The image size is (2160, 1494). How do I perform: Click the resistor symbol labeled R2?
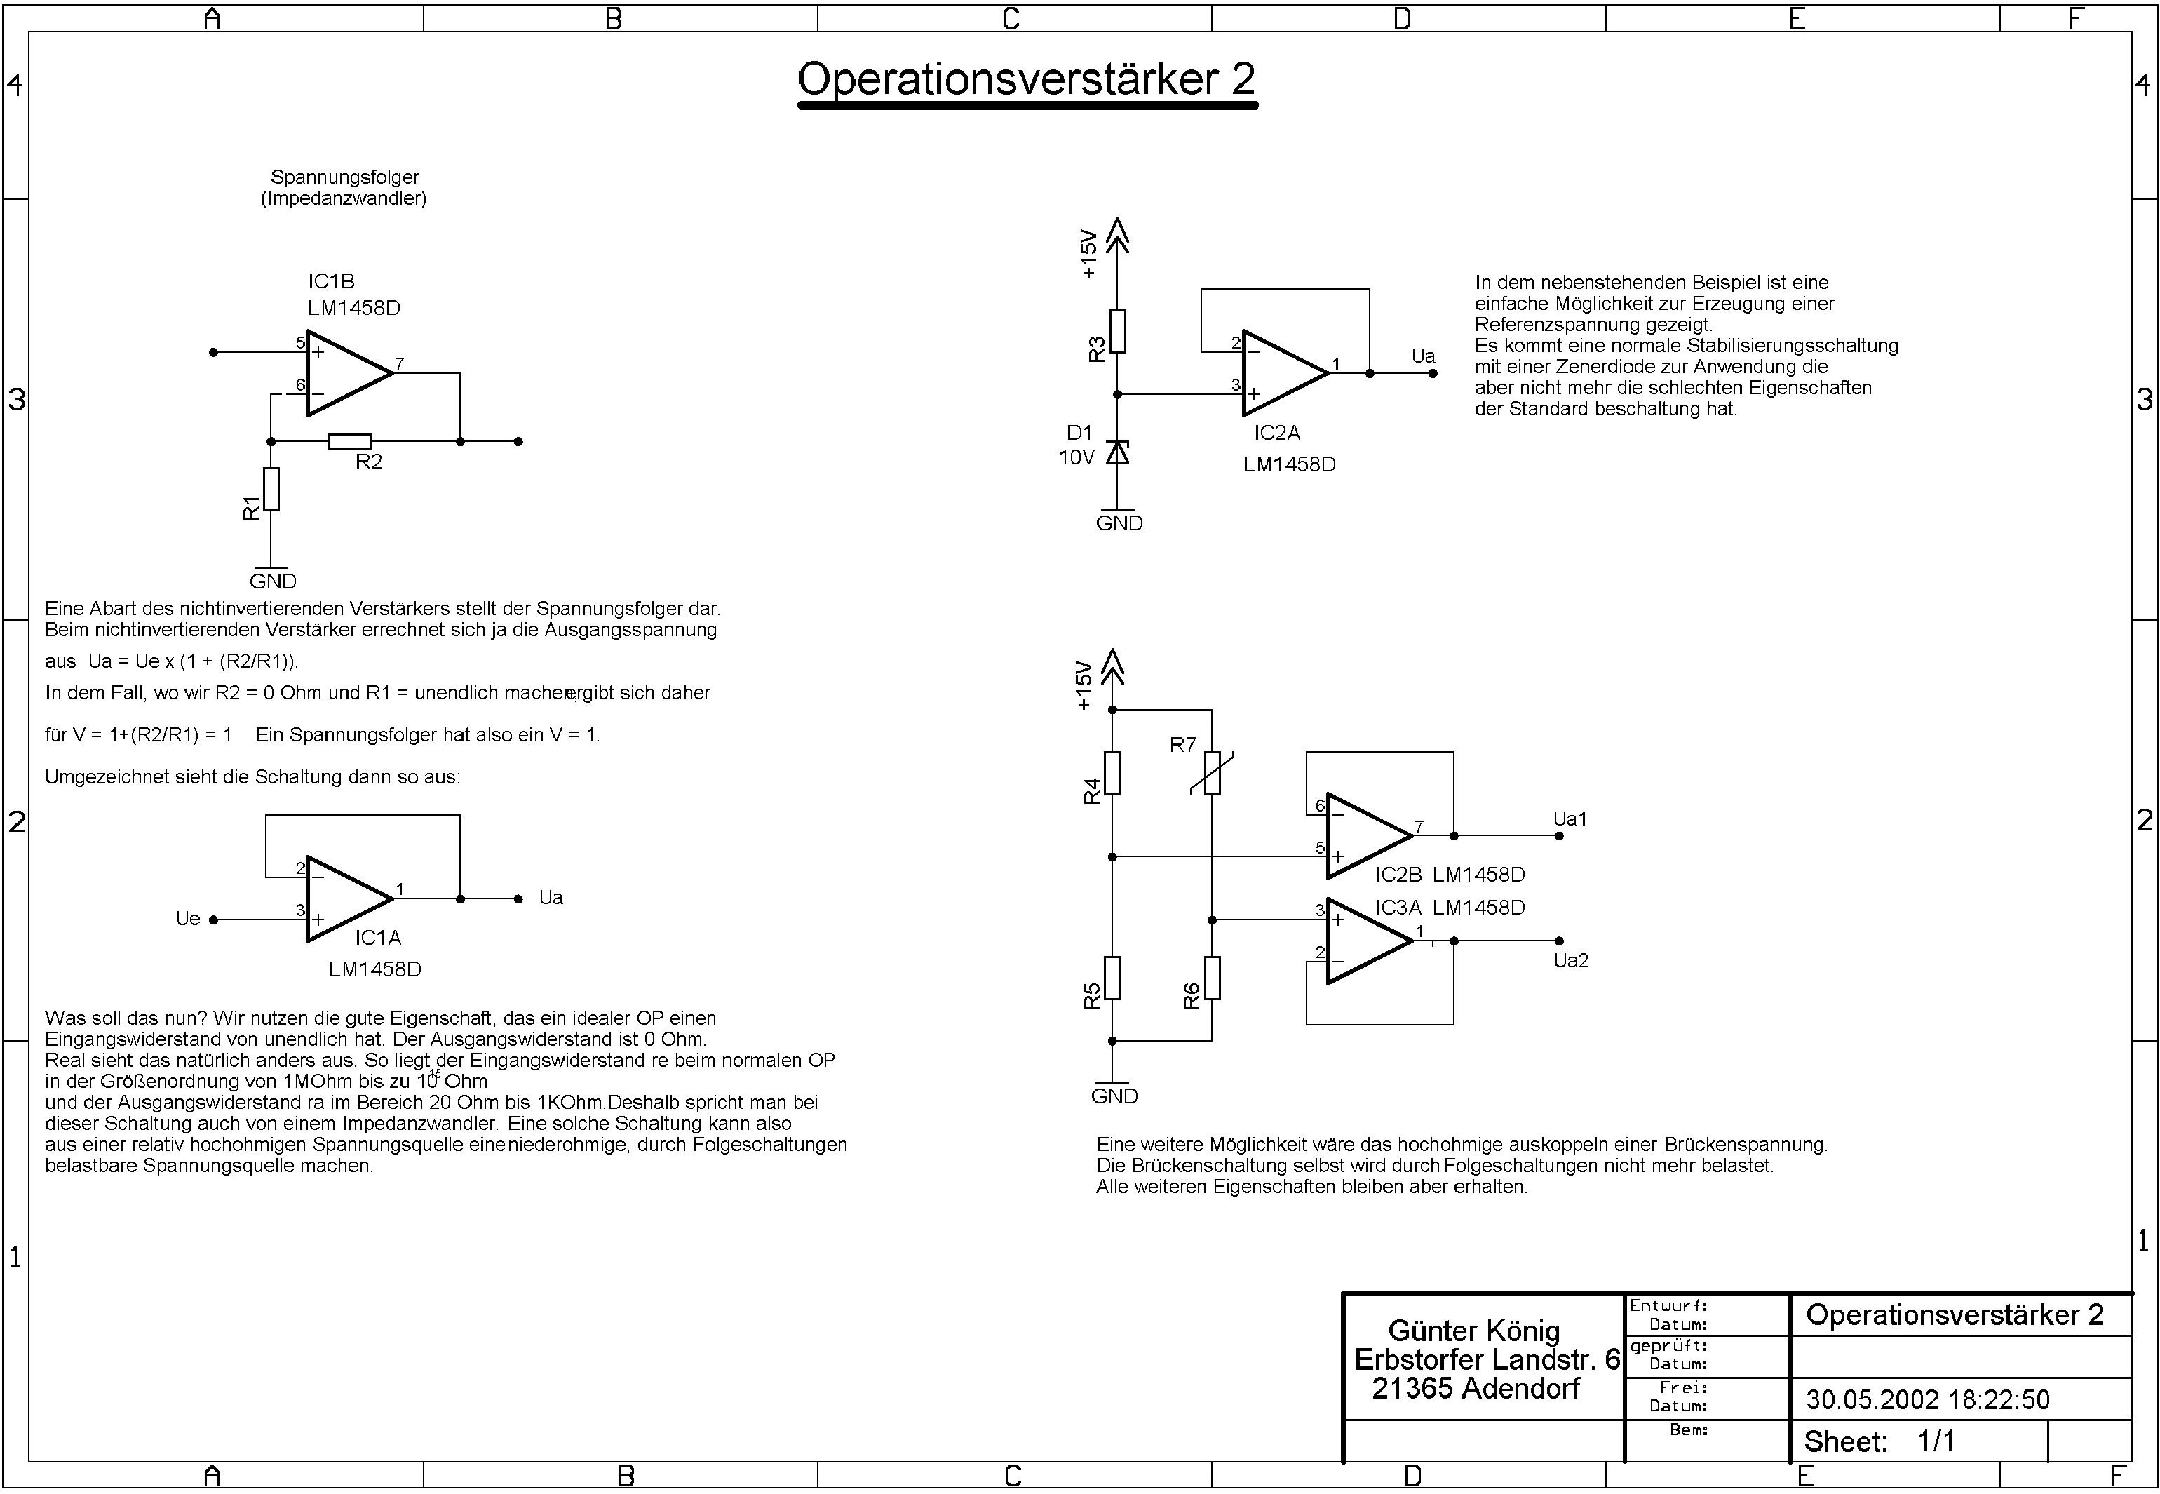click(x=350, y=442)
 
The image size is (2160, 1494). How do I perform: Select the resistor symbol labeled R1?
click(x=271, y=489)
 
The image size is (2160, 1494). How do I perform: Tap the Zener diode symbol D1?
click(x=1117, y=453)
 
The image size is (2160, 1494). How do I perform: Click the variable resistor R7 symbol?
click(x=1212, y=773)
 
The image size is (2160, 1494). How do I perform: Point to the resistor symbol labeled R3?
click(x=1117, y=331)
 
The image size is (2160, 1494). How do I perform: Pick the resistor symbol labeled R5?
click(x=1113, y=978)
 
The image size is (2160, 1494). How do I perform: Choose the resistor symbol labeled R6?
click(x=1212, y=978)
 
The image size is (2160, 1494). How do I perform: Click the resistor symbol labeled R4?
click(x=1113, y=773)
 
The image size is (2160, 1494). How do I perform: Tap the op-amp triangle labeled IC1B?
click(x=347, y=372)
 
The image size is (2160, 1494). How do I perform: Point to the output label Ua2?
click(x=1570, y=960)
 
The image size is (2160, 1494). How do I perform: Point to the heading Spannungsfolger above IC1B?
click(x=344, y=177)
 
